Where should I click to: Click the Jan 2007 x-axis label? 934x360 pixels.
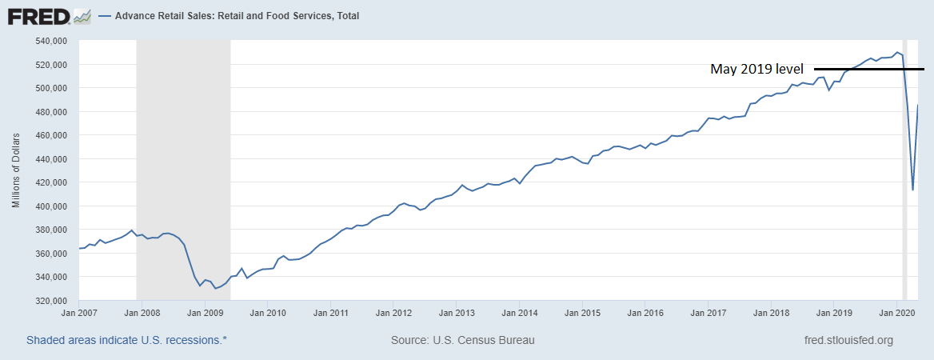[x=78, y=314]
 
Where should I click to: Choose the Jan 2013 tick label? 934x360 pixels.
[x=455, y=314]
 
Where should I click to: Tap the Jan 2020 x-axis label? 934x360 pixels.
[x=896, y=314]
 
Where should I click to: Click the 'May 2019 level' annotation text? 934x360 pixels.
[x=756, y=70]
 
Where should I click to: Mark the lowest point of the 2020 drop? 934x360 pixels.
[x=912, y=190]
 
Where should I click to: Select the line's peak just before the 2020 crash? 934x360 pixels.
[x=897, y=52]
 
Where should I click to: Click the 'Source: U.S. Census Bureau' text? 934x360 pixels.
[x=462, y=340]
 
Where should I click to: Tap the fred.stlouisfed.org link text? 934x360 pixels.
[x=848, y=340]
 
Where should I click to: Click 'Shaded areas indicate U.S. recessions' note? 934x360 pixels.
[x=126, y=340]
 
